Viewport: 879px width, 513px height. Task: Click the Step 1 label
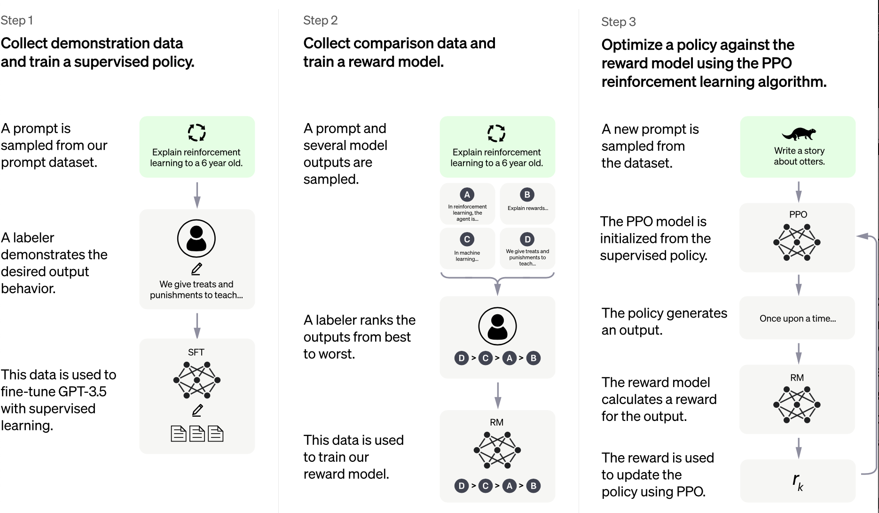(x=16, y=20)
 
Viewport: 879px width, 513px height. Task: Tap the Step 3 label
(x=618, y=22)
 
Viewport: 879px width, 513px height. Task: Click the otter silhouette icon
(x=799, y=134)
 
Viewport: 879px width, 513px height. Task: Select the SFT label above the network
(x=196, y=352)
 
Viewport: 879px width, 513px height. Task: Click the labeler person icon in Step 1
(x=196, y=239)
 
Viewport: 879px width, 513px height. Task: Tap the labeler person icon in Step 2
(x=497, y=326)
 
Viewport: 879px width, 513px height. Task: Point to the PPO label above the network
(x=798, y=214)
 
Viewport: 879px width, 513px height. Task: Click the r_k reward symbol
(x=798, y=481)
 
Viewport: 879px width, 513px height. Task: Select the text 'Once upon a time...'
(x=798, y=319)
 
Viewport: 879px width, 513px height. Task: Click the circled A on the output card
(x=467, y=194)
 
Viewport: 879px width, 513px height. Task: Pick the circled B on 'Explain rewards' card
(x=527, y=194)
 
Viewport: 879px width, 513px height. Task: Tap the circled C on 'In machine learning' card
(x=467, y=239)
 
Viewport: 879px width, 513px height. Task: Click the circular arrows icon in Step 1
(x=197, y=132)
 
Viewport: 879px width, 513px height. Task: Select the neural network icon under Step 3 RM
(x=797, y=404)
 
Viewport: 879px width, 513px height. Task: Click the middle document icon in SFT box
(x=197, y=433)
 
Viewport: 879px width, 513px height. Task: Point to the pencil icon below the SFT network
(x=197, y=410)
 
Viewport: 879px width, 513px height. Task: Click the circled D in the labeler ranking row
(x=462, y=358)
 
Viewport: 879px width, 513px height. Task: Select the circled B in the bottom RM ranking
(x=533, y=486)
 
